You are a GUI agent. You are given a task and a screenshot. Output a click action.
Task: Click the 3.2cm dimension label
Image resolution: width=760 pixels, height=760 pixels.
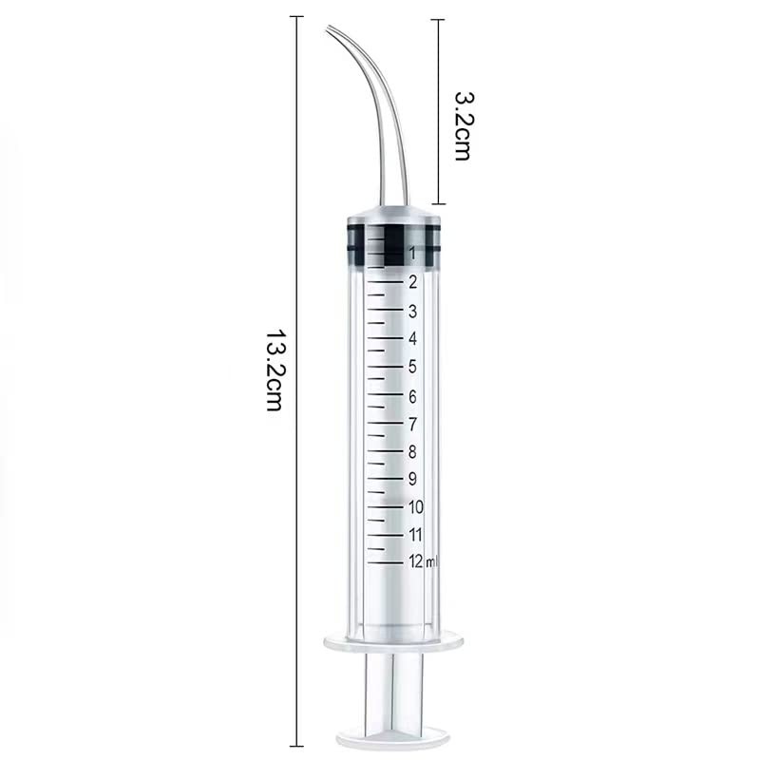463,125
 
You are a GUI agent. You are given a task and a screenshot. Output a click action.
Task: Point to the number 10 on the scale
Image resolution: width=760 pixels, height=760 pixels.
415,506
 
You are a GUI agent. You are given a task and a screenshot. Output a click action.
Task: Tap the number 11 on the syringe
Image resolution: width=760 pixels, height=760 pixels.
415,534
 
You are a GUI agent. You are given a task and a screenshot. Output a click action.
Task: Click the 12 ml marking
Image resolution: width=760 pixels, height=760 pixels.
423,561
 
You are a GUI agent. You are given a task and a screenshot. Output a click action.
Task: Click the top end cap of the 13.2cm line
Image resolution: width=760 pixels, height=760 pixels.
297,16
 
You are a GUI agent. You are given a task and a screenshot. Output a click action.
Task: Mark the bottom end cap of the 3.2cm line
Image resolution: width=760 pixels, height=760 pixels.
437,203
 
